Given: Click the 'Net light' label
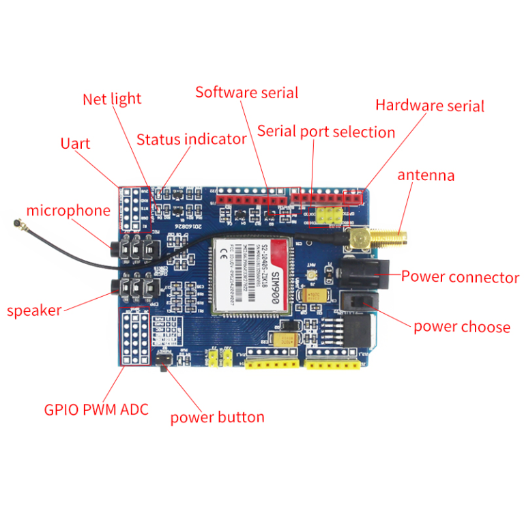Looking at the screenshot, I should (x=111, y=99).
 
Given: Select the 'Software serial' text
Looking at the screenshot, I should (x=246, y=92).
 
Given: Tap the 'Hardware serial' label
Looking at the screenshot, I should (x=429, y=106).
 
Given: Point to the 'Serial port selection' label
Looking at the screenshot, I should (x=325, y=132).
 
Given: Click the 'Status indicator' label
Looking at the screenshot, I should (x=191, y=139).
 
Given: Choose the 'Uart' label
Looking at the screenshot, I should (x=75, y=143).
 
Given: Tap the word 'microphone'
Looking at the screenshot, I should (x=68, y=210).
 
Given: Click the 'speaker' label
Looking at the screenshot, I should (x=34, y=310).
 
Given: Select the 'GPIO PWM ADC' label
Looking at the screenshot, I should (x=96, y=410).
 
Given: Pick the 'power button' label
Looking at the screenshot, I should (x=216, y=417).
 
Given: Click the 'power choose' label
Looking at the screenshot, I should (x=461, y=327).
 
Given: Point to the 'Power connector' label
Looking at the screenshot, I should (x=460, y=277).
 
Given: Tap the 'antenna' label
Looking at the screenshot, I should (x=426, y=175).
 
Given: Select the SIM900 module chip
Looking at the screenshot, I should (x=252, y=277).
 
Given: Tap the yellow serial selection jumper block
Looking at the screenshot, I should (x=330, y=216).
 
